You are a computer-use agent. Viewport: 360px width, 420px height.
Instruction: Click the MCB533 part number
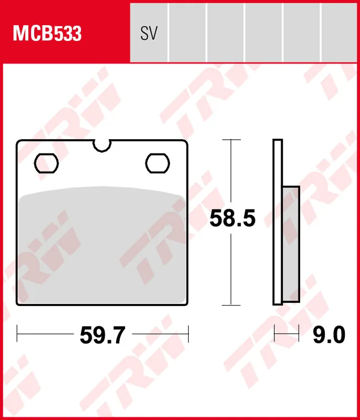click(47, 34)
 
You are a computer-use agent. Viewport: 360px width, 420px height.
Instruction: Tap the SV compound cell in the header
click(149, 34)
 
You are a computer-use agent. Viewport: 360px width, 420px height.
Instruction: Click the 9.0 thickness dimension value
click(328, 334)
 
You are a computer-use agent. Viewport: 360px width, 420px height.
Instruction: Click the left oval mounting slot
click(46, 162)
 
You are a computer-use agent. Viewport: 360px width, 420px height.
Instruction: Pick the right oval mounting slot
click(157, 162)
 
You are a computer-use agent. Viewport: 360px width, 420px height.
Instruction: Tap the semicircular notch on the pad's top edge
click(102, 145)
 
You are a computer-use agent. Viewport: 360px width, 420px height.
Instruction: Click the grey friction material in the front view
click(102, 247)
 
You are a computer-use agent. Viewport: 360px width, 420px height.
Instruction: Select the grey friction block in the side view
click(291, 244)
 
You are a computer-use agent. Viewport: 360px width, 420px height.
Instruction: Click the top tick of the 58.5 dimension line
click(231, 140)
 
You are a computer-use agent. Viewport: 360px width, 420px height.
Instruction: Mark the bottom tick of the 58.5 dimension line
click(231, 304)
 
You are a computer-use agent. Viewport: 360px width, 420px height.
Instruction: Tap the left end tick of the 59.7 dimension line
click(18, 333)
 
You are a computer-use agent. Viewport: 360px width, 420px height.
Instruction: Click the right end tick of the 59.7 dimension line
click(188, 333)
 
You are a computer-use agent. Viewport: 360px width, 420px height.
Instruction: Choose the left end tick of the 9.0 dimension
click(275, 333)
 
